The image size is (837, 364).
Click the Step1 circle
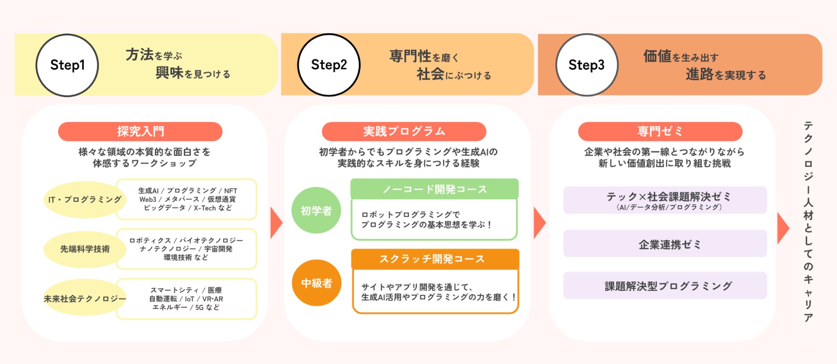[x=67, y=65]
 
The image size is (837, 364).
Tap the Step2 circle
[x=329, y=65]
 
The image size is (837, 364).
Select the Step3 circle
[x=586, y=65]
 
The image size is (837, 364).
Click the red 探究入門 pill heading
[x=140, y=132]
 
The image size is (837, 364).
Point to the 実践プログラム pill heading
[x=404, y=132]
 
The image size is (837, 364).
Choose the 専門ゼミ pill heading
[x=660, y=132]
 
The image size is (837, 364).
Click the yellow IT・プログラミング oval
[x=84, y=199]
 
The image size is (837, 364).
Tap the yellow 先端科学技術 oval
[x=85, y=249]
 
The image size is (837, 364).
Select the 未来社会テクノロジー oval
[x=85, y=298]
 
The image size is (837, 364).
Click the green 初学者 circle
[x=316, y=211]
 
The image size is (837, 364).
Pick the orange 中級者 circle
[x=316, y=283]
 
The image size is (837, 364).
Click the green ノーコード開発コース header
[x=434, y=189]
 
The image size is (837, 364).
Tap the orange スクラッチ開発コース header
[x=435, y=259]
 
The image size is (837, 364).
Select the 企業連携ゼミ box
[x=665, y=244]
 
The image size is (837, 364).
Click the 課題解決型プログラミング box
[x=665, y=286]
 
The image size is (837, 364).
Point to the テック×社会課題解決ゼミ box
[x=665, y=200]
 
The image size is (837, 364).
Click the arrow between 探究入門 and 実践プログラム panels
[x=276, y=223]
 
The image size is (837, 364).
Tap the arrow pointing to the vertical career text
[x=782, y=228]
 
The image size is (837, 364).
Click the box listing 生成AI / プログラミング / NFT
[x=187, y=199]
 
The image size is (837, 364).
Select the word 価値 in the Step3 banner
[x=657, y=56]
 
